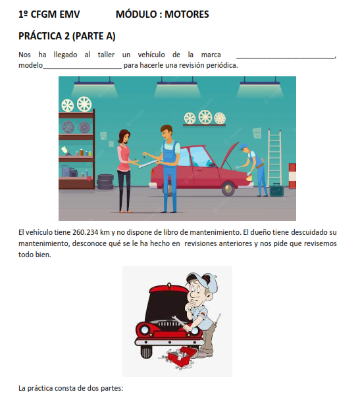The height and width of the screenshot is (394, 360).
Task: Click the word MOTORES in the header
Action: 186,14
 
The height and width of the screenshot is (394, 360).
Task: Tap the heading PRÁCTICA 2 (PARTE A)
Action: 67,36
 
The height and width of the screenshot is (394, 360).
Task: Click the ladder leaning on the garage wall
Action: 274,159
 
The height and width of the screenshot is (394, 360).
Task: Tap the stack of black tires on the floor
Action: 105,182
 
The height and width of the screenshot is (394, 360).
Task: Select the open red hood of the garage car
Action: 229,154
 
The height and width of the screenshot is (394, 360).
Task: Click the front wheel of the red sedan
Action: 228,189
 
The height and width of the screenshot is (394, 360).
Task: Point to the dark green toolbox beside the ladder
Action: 276,190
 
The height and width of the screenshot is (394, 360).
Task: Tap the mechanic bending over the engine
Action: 254,169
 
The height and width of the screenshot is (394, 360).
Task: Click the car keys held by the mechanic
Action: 144,157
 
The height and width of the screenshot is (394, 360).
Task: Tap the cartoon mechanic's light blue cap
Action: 204,282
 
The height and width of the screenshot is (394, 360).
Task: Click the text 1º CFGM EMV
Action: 49,14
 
